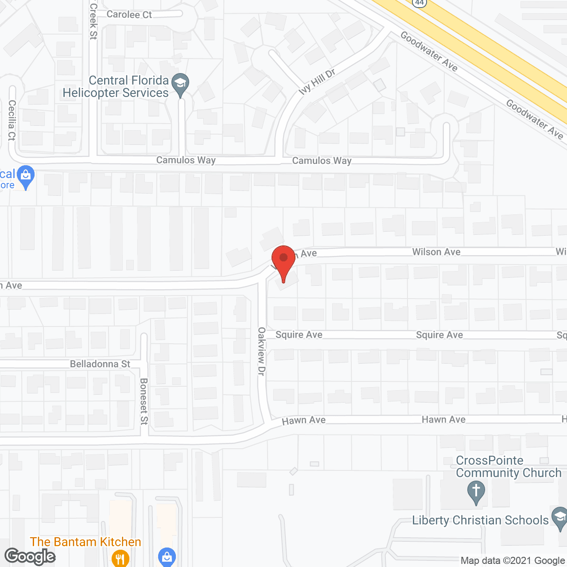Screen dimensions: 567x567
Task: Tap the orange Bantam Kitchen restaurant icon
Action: (120, 558)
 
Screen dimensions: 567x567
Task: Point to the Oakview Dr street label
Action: (262, 352)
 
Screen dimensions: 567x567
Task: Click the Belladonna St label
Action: (100, 364)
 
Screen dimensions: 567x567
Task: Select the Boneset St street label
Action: (144, 401)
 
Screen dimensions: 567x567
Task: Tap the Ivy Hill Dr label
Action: (317, 82)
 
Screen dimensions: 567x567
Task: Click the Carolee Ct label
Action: (129, 15)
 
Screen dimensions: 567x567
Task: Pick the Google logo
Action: (30, 556)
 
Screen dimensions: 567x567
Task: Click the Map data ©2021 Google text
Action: (513, 561)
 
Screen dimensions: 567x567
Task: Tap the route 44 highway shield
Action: (419, 3)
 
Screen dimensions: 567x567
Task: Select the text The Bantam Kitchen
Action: (85, 542)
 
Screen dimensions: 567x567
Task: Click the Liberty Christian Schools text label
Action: (480, 520)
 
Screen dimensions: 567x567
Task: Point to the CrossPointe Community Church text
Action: (509, 467)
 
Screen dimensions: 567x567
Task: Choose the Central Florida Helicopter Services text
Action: (116, 86)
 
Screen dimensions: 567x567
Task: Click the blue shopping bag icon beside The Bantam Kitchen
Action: (167, 557)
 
